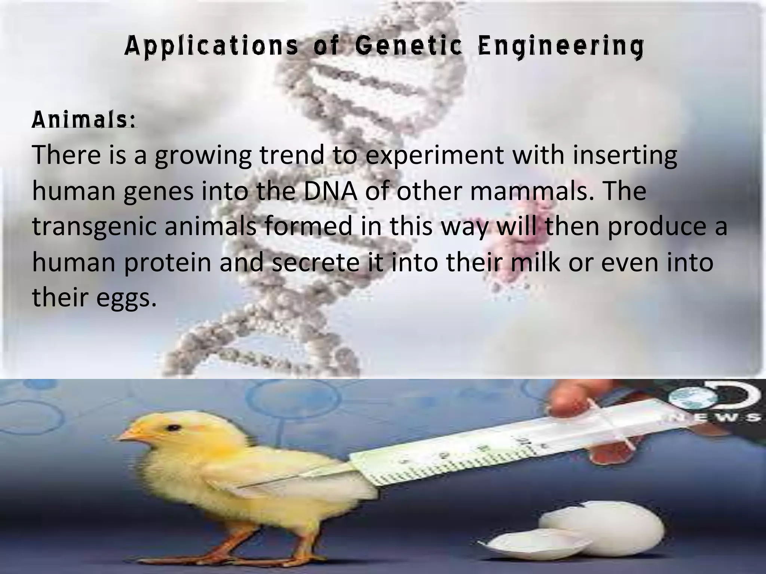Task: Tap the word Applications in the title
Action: coord(211,47)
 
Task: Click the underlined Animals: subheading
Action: coord(84,120)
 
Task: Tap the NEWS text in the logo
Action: coord(718,417)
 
